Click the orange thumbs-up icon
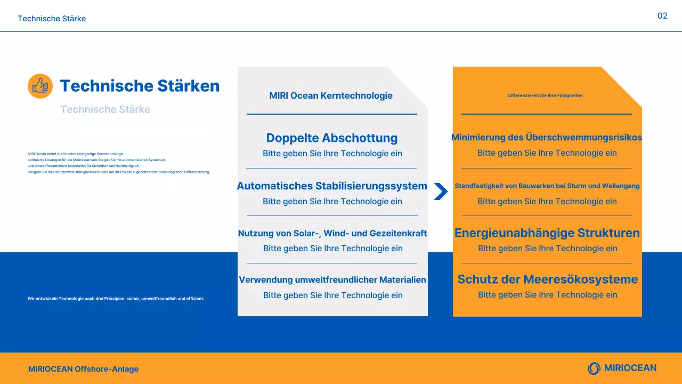(40, 86)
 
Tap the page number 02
(662, 16)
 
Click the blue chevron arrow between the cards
(441, 191)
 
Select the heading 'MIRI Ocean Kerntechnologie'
(331, 96)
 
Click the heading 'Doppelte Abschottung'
(332, 138)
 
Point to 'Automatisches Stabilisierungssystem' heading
(332, 186)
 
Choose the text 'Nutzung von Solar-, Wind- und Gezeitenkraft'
(332, 233)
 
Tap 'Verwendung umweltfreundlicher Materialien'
(332, 280)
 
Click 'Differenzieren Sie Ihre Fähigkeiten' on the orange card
(545, 95)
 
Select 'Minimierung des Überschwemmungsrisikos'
(547, 138)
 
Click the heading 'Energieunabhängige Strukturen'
(547, 233)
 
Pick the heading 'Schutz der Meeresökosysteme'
(548, 279)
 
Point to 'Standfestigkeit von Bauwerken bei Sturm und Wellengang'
(547, 186)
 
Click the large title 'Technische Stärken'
(140, 86)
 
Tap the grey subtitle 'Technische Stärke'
(105, 109)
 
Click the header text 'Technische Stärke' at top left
(52, 19)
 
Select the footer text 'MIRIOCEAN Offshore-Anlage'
(84, 369)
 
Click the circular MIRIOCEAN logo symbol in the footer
(594, 368)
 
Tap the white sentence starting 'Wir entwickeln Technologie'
(116, 299)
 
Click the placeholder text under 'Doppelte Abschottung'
(332, 154)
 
